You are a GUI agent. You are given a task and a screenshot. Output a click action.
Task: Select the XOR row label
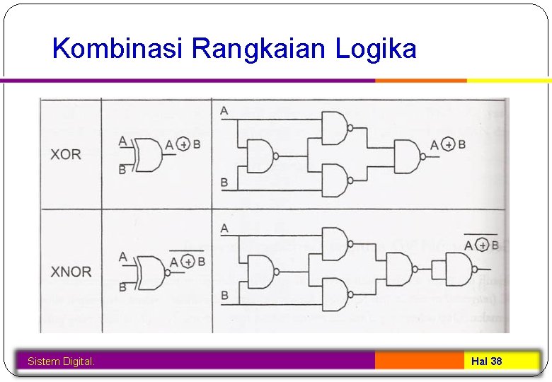tap(66, 154)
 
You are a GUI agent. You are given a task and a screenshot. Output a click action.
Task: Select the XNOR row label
tap(71, 272)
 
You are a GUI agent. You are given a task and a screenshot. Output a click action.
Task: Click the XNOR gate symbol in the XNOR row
tap(148, 272)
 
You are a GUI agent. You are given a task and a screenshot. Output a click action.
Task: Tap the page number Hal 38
tap(486, 361)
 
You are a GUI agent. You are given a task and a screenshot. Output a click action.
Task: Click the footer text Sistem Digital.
tap(61, 361)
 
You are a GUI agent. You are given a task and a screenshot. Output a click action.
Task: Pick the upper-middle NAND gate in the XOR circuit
tap(335, 127)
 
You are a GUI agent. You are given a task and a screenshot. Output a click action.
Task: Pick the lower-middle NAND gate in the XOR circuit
tap(335, 180)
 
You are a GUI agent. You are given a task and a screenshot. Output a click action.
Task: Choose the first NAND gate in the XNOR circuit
tap(260, 272)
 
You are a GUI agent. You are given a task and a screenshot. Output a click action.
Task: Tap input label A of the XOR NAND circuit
tap(224, 111)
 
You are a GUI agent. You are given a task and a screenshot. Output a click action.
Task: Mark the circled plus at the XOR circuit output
tap(447, 145)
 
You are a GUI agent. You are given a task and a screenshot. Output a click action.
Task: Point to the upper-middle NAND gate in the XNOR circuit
tap(335, 244)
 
